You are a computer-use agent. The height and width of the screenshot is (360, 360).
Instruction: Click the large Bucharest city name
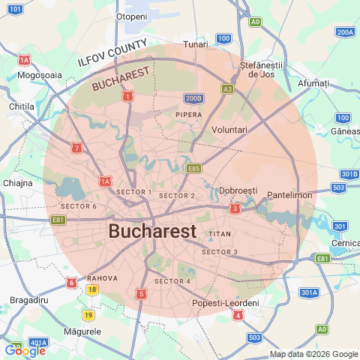[x=153, y=230]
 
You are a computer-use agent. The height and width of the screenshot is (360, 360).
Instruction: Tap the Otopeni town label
[x=132, y=16]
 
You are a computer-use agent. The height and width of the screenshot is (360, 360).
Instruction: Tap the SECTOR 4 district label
[x=172, y=281]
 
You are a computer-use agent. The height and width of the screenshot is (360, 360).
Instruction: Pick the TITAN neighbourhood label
[x=219, y=234]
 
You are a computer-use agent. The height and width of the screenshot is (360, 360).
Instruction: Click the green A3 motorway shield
[x=227, y=88]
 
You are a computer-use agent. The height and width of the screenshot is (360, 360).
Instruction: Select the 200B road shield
[x=193, y=98]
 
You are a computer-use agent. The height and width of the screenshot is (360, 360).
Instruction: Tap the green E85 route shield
[x=193, y=169]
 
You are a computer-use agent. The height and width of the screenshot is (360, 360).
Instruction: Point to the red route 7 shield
[x=76, y=148]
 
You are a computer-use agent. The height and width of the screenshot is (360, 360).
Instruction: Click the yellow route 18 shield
[x=91, y=289]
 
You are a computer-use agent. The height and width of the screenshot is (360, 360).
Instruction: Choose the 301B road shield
[x=349, y=174]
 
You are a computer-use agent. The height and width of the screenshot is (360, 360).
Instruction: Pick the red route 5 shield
[x=142, y=294]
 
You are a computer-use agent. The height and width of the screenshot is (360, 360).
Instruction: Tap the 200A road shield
[x=345, y=32]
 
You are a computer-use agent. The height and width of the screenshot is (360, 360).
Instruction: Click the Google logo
[x=25, y=350]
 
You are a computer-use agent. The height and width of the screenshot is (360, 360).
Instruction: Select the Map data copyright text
[x=313, y=354]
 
